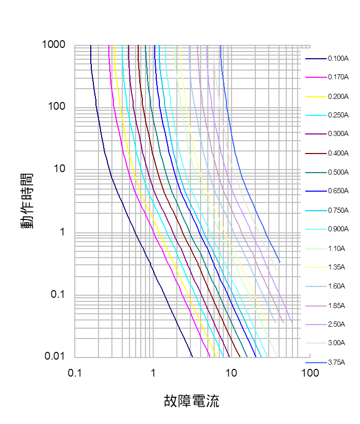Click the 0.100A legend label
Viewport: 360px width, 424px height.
(x=338, y=58)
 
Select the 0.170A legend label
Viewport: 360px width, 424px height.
(x=338, y=77)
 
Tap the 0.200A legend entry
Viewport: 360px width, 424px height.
(x=338, y=96)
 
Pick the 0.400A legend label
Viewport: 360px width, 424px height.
(x=338, y=153)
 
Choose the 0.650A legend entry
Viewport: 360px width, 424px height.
(x=338, y=191)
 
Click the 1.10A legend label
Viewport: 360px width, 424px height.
(x=336, y=248)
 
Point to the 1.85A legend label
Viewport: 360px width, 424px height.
(x=336, y=306)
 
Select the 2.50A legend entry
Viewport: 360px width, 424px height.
(x=336, y=324)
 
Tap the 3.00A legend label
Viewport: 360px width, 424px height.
(x=336, y=343)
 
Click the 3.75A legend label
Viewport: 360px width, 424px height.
(x=336, y=362)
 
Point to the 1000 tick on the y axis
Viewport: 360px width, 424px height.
(x=53, y=45)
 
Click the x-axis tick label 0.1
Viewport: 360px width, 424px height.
(x=75, y=372)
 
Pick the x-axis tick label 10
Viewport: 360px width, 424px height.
(x=231, y=372)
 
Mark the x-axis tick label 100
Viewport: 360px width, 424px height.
(x=309, y=372)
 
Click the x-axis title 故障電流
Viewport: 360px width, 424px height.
(x=191, y=401)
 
